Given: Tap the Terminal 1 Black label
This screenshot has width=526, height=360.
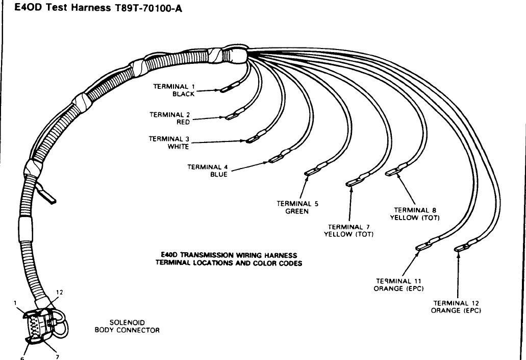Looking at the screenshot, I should [174, 90].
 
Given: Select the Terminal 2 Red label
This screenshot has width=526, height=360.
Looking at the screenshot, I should [169, 118].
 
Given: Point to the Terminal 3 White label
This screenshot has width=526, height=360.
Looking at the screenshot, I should [169, 142].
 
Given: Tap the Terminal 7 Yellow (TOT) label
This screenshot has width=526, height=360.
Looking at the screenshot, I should [349, 231].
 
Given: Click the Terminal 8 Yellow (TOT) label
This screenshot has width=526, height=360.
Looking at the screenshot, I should [415, 213].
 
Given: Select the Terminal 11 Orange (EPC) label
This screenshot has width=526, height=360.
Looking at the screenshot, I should [399, 284].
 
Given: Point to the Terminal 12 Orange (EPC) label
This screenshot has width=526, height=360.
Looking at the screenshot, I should [457, 306].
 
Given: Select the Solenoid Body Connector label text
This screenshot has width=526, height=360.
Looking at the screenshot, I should [127, 326].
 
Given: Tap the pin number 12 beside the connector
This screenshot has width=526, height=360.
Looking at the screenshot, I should [60, 293].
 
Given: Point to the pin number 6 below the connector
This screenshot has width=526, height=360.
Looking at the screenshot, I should [22, 358].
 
